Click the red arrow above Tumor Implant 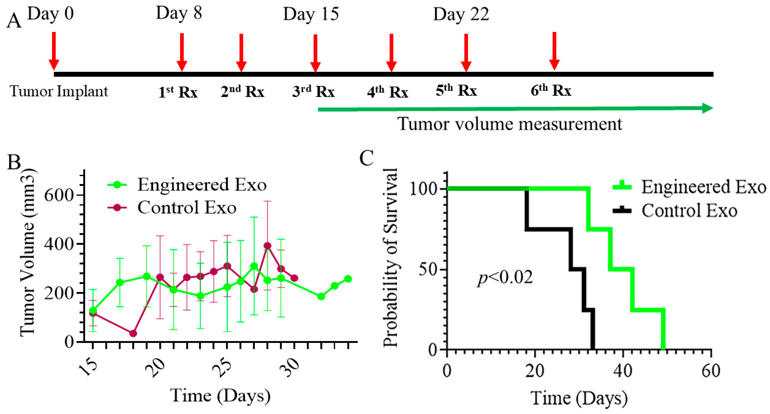(54, 51)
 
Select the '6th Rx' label (551, 90)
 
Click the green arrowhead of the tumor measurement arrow (707, 108)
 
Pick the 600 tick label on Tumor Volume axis (59, 195)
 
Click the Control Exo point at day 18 (133, 333)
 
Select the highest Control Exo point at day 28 (267, 246)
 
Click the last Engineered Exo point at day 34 (348, 279)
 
